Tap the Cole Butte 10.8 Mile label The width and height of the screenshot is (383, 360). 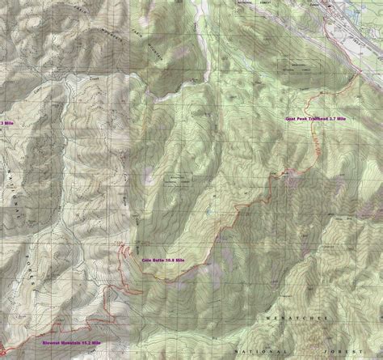(160, 259)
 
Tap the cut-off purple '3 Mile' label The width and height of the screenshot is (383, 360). (6, 123)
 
